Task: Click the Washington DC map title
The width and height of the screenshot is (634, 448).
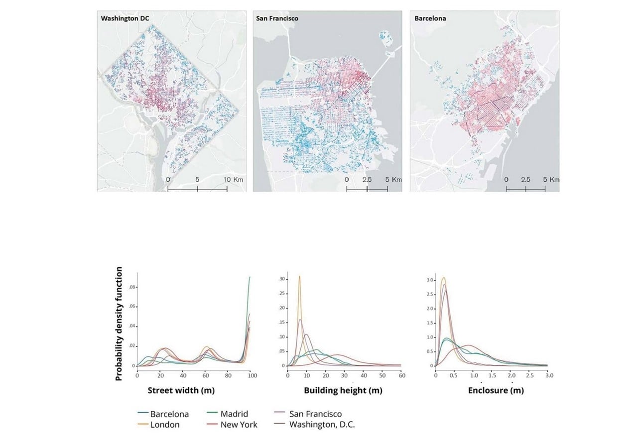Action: pos(125,18)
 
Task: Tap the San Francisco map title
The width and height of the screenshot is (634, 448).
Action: pos(277,18)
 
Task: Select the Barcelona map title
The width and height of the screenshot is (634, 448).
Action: pos(430,18)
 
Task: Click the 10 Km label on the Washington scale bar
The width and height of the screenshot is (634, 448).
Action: pos(233,180)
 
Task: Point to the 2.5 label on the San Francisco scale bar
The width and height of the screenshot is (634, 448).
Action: pos(367,180)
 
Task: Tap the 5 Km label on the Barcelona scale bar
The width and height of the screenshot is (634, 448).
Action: pos(551,180)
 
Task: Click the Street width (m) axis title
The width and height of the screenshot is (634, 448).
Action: pos(181,391)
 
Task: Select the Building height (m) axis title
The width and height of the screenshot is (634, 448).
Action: pos(343,391)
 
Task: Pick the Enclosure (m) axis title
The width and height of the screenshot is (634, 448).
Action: pos(496,391)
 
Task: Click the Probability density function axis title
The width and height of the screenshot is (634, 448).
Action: pos(119,324)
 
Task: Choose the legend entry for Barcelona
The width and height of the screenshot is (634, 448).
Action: pos(163,414)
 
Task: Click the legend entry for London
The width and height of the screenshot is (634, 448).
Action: pos(159,425)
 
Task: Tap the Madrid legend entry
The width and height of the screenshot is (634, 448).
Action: pos(228,414)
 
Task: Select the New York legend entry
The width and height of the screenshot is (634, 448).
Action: pos(232,425)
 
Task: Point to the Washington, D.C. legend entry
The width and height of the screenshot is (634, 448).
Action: pos(314,425)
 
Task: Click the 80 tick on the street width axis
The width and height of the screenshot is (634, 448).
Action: pos(228,376)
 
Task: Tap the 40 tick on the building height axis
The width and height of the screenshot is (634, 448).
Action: pos(364,376)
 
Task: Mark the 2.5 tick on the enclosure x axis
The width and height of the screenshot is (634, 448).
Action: pos(530,376)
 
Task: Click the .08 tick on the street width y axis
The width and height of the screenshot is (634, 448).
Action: pos(132,287)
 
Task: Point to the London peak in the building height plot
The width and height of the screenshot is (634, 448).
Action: pos(299,276)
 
